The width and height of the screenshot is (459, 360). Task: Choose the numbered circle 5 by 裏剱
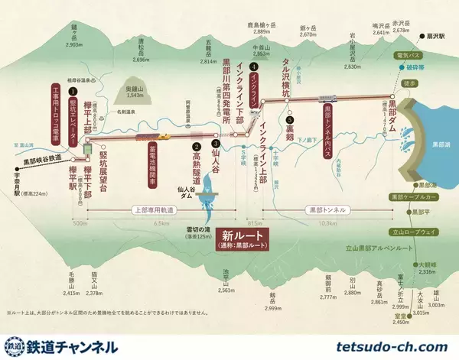(289, 120)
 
